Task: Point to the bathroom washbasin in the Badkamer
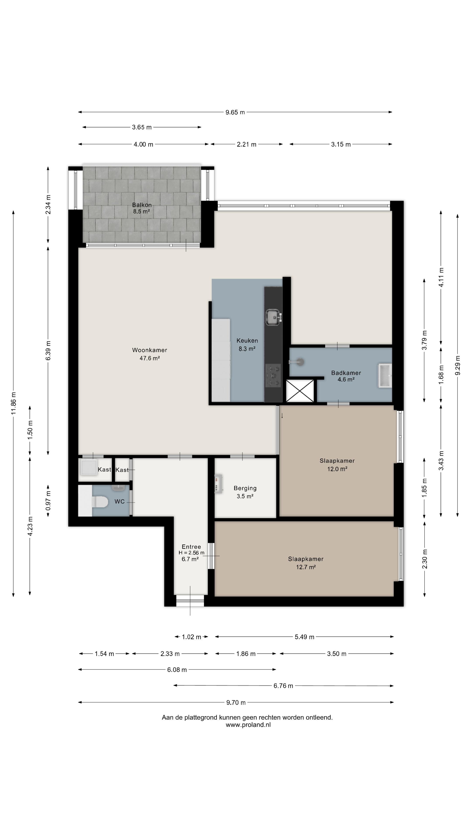click(385, 376)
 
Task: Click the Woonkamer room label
click(150, 350)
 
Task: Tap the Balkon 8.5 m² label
click(142, 208)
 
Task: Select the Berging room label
click(245, 488)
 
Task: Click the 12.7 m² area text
click(306, 567)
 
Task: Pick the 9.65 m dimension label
click(235, 112)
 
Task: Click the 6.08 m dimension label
click(177, 670)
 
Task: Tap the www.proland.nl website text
click(248, 725)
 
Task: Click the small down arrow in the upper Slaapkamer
click(282, 416)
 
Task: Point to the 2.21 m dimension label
click(246, 144)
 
